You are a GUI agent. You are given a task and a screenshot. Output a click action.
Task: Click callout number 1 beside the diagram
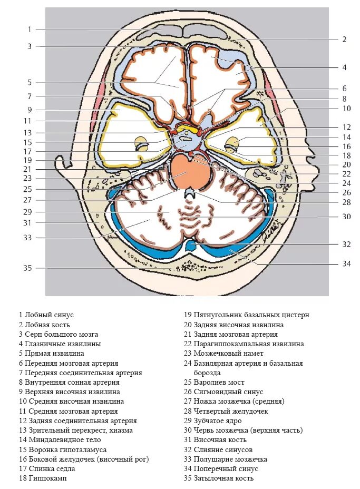pyautogui.click(x=30, y=30)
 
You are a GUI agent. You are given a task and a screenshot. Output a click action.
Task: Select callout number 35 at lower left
pyautogui.click(x=27, y=268)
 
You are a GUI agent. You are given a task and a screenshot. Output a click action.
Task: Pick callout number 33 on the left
pyautogui.click(x=27, y=238)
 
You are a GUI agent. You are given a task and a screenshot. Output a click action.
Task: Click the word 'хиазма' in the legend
pyautogui.click(x=121, y=430)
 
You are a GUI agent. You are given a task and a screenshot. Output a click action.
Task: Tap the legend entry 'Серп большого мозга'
pyautogui.click(x=58, y=334)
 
